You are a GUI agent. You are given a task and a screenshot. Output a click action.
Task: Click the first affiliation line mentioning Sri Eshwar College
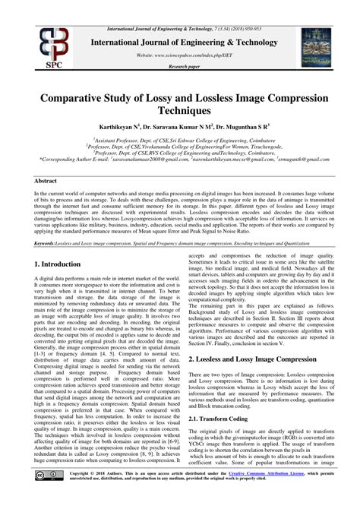179,140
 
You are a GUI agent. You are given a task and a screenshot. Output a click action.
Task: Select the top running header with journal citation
179,6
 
